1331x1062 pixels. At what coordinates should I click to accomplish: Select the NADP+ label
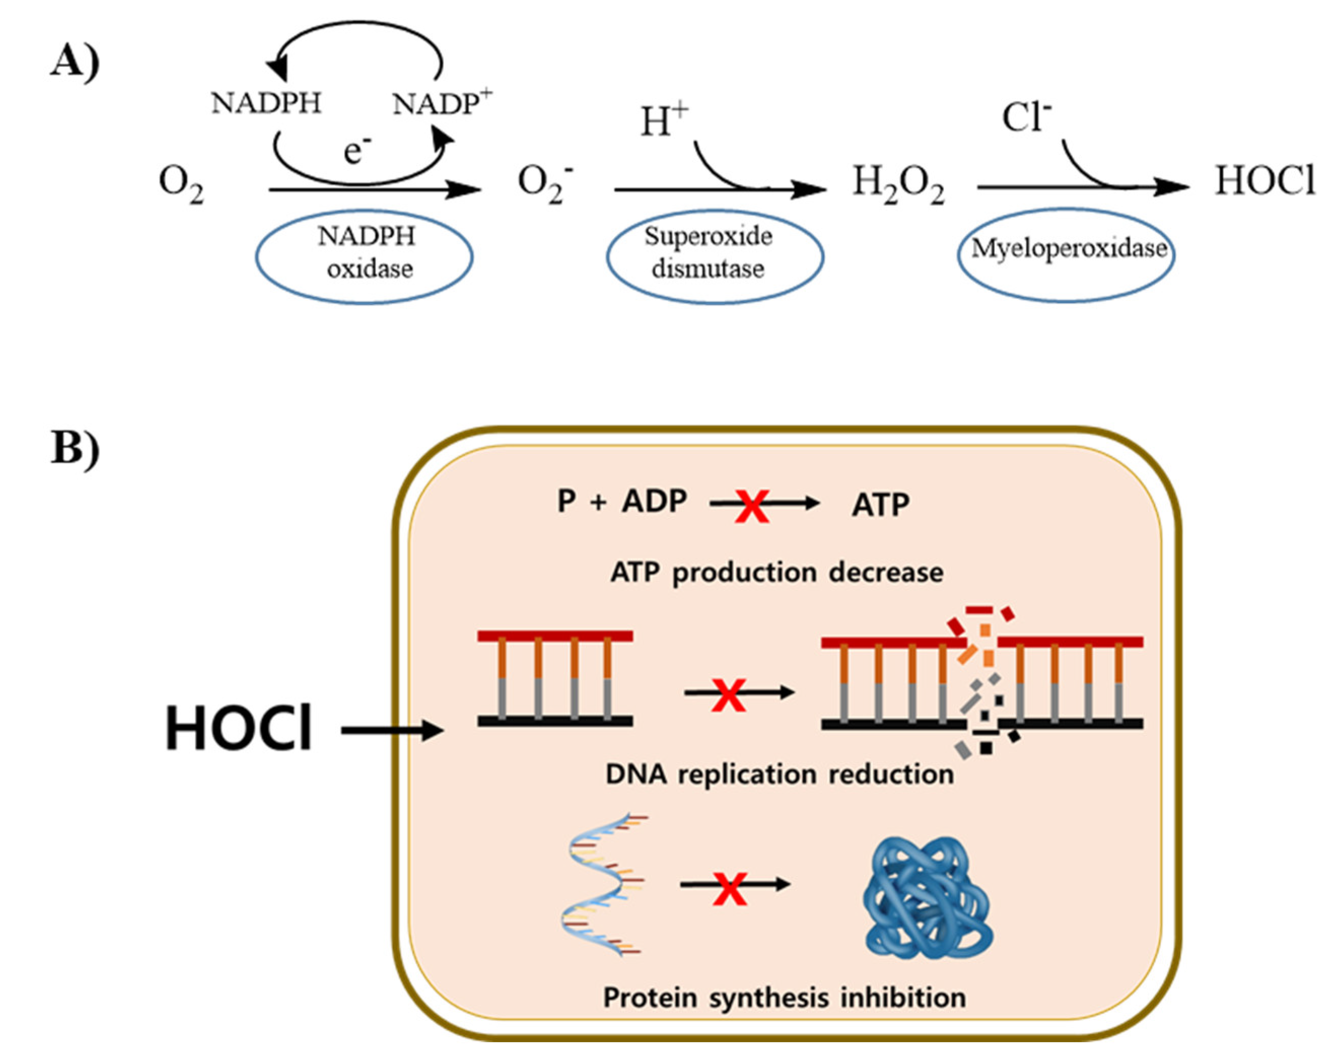[442, 103]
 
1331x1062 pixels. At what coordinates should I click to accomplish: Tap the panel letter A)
[74, 62]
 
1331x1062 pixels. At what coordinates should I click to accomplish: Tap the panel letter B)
[74, 448]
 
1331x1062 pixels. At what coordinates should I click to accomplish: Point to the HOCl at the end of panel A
[1265, 182]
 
